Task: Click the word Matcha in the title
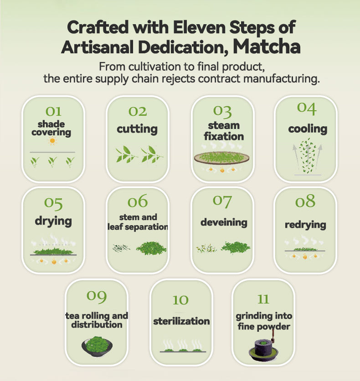[266, 46]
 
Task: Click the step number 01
[53, 111]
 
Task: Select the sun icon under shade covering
[53, 141]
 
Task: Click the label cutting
[137, 129]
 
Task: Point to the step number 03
[222, 111]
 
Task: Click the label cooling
[308, 129]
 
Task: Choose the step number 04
[307, 108]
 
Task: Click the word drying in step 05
[53, 221]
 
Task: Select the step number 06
[138, 201]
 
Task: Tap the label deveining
[224, 222]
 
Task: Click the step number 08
[305, 201]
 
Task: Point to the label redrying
[305, 225]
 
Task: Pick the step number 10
[180, 300]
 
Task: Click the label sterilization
[181, 321]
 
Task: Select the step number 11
[263, 299]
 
